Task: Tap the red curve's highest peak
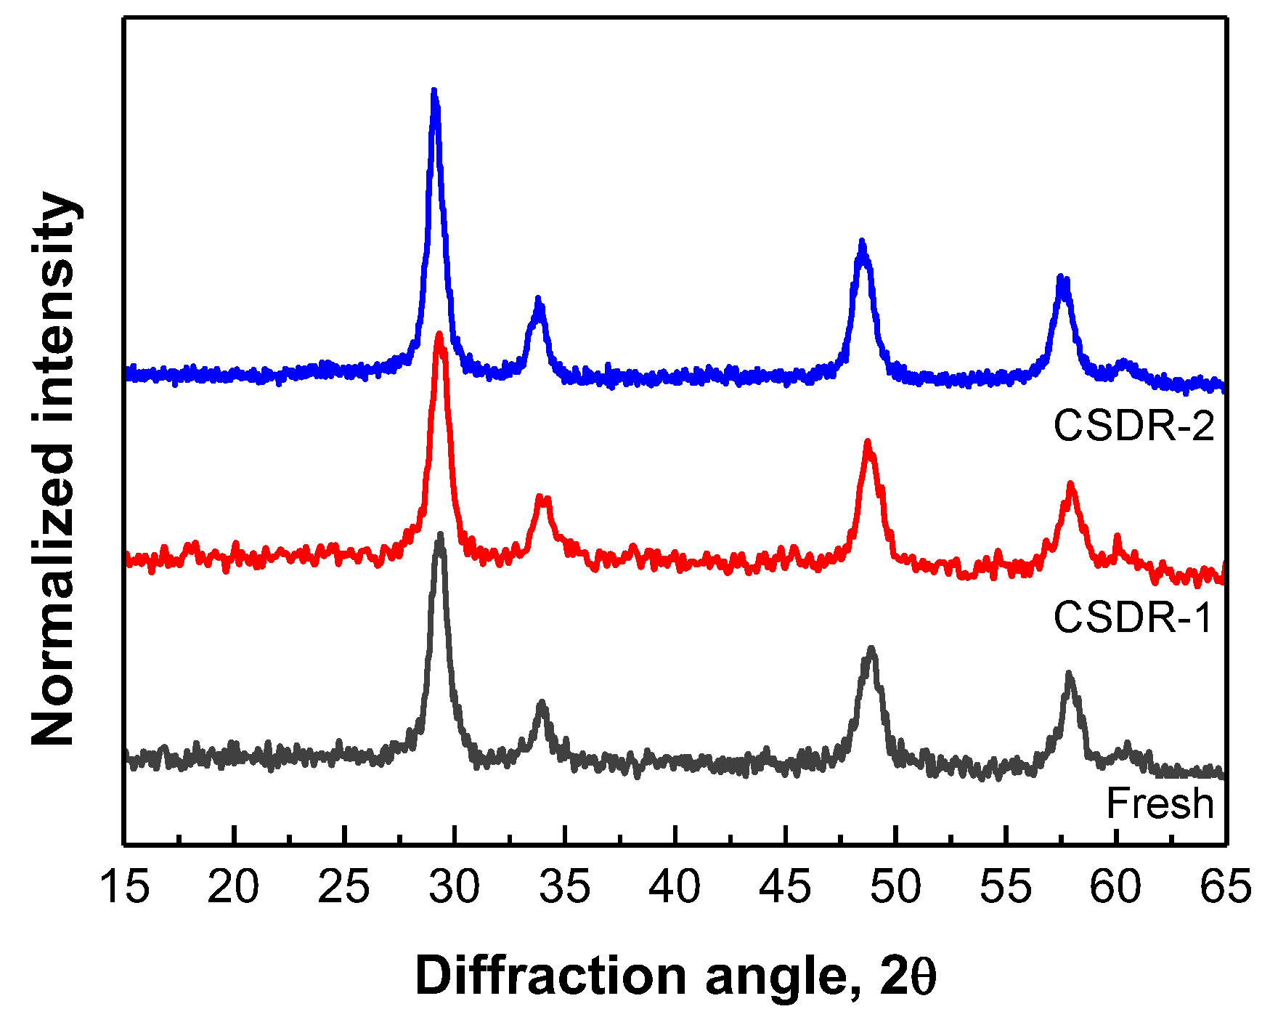[439, 336]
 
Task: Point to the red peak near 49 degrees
[868, 444]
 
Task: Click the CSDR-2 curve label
[1133, 426]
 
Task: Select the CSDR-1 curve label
[1133, 617]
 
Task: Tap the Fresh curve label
[1160, 803]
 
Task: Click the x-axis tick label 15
[125, 887]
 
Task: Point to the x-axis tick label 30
[455, 887]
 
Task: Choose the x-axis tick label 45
[785, 887]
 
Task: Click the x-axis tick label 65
[1225, 887]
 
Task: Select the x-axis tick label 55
[1006, 887]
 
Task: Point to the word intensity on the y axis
[54, 305]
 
